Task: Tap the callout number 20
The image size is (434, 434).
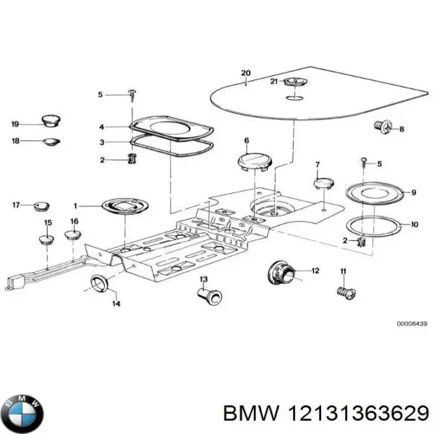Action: pos(245,73)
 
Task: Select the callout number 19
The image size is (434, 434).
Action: pos(15,124)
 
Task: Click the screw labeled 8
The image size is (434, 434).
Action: pos(383,128)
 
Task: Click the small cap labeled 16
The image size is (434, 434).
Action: pos(74,234)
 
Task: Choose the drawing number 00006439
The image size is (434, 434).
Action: pos(410,323)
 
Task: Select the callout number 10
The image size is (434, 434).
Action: pos(414,225)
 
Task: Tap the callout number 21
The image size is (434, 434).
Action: pos(274,82)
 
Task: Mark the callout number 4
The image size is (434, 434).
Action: pos(102,127)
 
